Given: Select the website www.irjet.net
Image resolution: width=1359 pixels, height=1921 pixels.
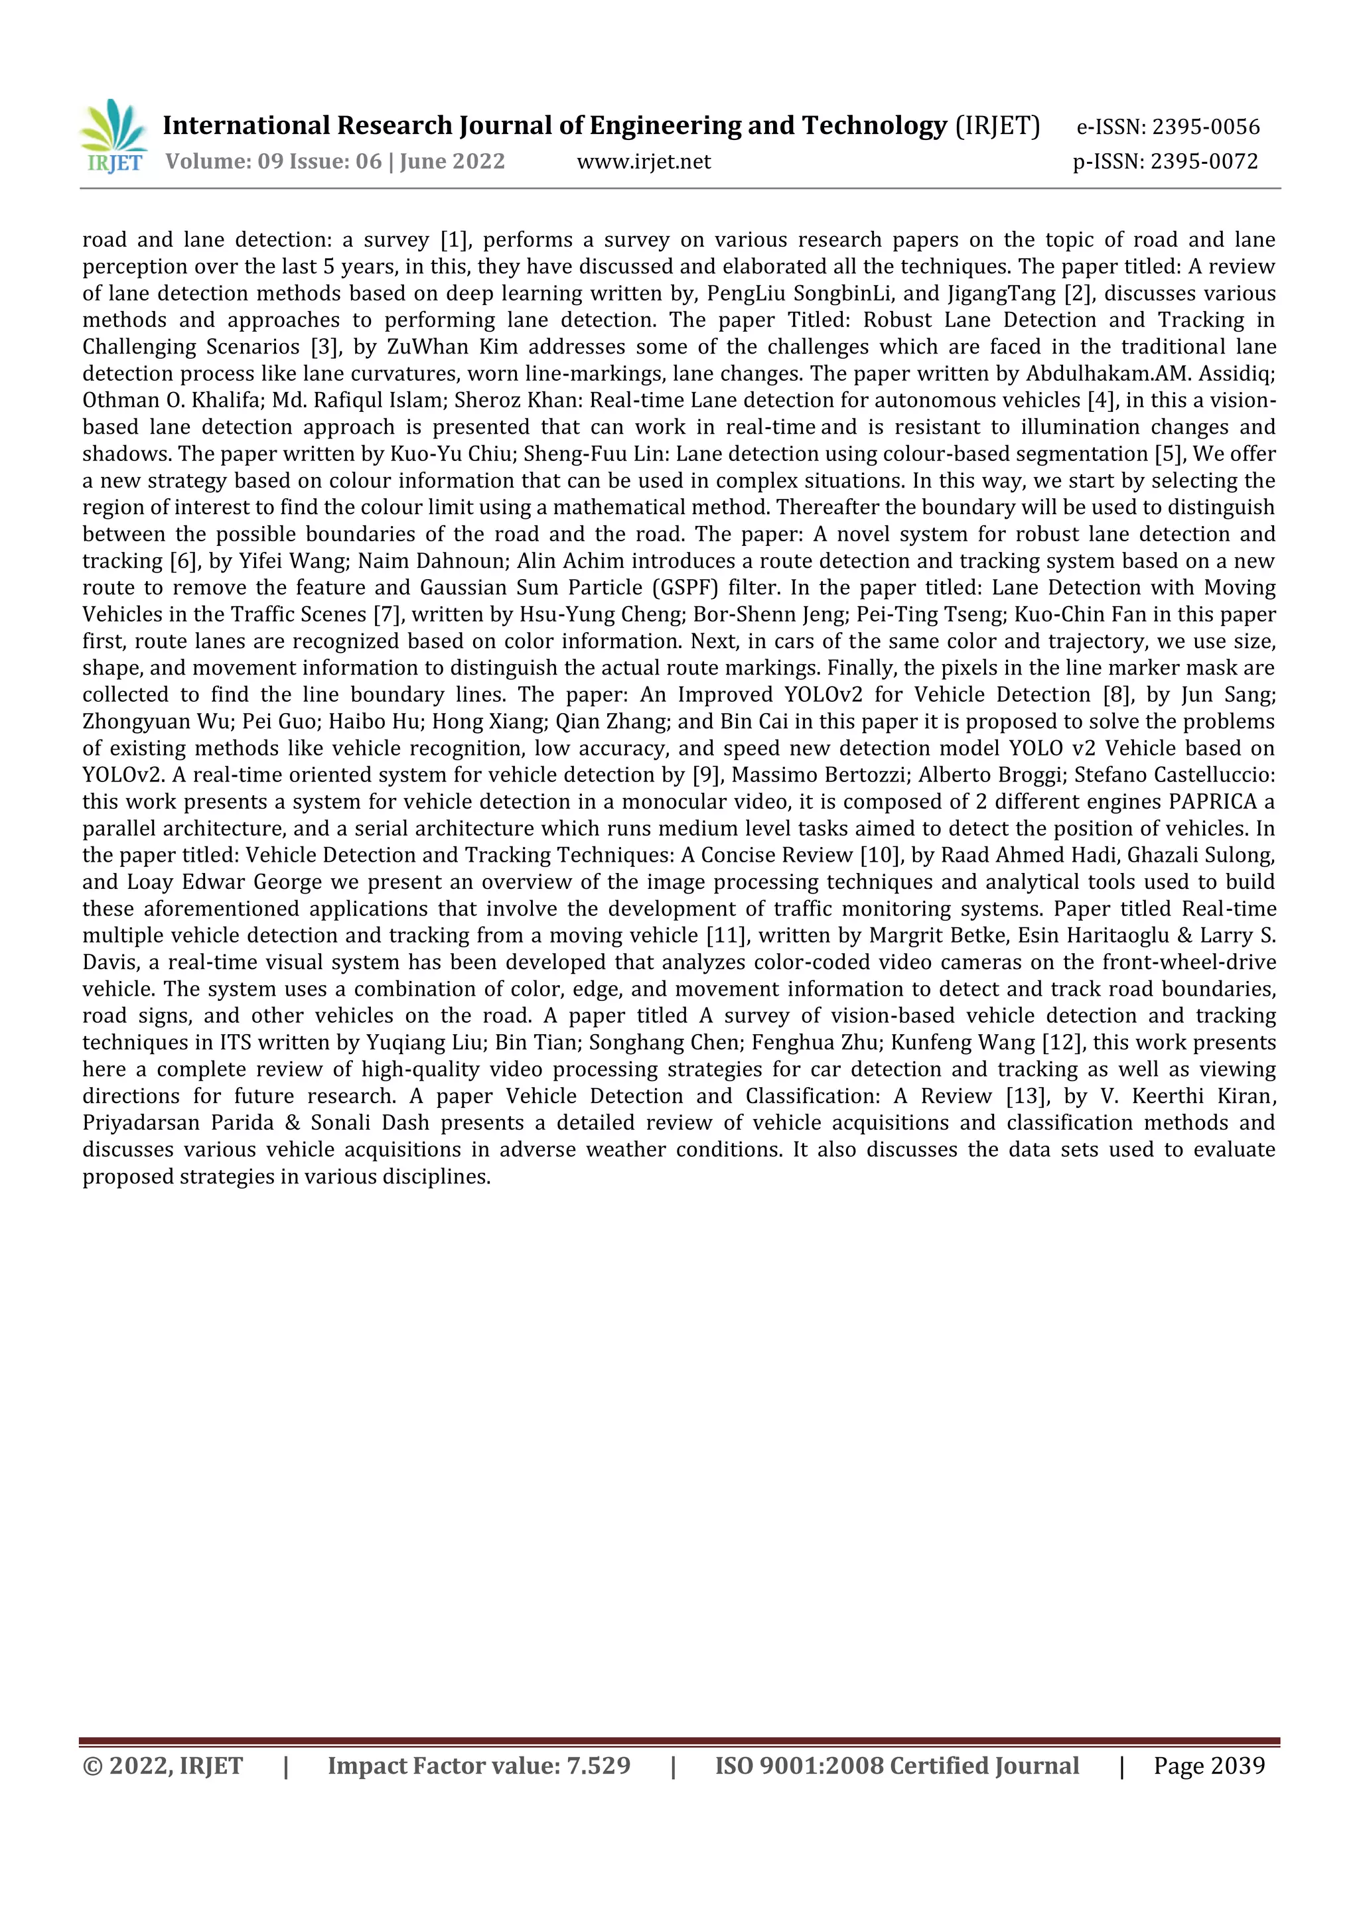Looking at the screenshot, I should pyautogui.click(x=644, y=161).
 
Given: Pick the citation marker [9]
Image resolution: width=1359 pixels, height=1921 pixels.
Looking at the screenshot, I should pyautogui.click(x=707, y=775).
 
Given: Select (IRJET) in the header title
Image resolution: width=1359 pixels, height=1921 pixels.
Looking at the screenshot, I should pyautogui.click(x=997, y=125).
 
